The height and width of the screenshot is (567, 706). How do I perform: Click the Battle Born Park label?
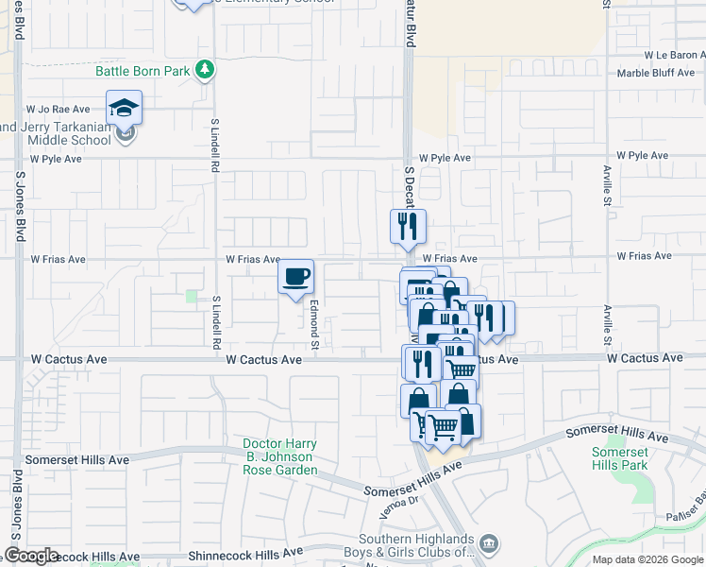[x=143, y=71]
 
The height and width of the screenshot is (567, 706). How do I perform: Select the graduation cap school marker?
[x=124, y=109]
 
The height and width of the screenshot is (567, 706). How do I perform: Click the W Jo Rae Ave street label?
[x=58, y=110]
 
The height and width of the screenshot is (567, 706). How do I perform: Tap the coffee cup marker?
[x=296, y=276]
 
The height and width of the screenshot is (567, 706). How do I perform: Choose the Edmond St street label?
[x=315, y=322]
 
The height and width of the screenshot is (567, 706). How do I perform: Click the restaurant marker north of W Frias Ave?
[x=408, y=226]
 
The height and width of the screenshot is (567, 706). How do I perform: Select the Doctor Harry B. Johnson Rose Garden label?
[x=278, y=456]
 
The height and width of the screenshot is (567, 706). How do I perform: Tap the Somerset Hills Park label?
[x=619, y=458]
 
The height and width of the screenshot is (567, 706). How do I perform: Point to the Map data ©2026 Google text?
[x=647, y=559]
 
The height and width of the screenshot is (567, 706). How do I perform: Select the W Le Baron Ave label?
[x=674, y=56]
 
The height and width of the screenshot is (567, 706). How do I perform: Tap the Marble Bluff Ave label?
[x=656, y=73]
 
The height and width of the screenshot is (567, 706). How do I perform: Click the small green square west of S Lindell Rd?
[x=192, y=297]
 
